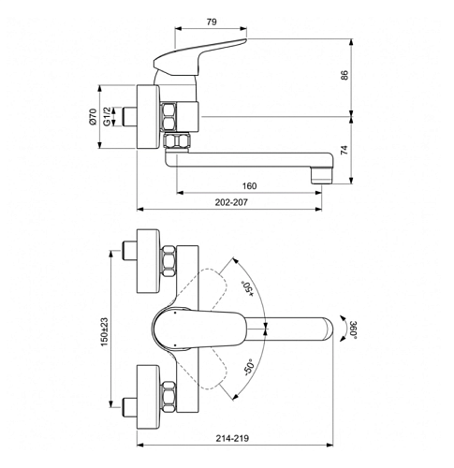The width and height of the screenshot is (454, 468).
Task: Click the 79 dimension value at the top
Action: [212, 22]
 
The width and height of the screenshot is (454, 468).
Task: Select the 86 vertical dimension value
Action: [344, 75]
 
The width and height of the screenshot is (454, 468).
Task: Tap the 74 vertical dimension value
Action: [344, 150]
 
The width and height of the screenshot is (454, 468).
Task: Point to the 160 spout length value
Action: [249, 186]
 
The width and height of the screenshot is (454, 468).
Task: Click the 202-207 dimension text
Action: [231, 202]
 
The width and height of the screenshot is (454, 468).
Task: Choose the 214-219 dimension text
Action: [232, 438]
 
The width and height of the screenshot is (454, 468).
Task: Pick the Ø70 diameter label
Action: [93, 117]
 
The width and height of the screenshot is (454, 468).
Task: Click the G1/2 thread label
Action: [107, 117]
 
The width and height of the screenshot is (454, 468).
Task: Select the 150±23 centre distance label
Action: [104, 332]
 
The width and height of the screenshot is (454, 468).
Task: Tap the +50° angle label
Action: [248, 288]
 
